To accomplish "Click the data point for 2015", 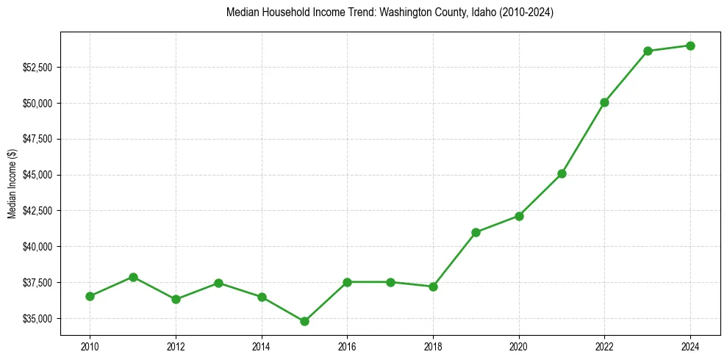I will [304, 321].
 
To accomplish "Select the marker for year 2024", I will [690, 46].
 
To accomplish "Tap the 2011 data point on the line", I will [133, 277].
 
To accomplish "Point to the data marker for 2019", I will [476, 232].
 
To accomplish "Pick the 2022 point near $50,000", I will [604, 102].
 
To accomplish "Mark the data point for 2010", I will [90, 296].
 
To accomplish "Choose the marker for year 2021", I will [562, 173].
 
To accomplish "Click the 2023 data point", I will [648, 51].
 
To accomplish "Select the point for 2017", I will [390, 282].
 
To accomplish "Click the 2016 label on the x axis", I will [347, 346].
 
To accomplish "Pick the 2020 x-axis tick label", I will [519, 346].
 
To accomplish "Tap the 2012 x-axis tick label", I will [176, 346].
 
